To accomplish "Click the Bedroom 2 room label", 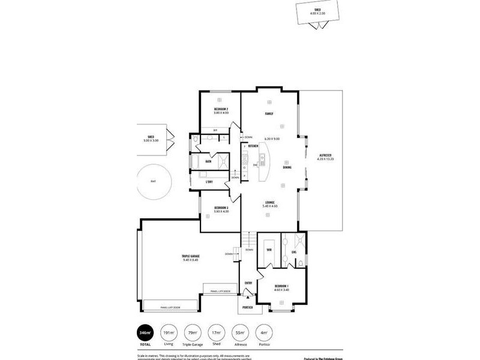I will (220, 109).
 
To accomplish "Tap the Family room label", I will (269, 113).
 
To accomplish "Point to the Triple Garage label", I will (190, 256).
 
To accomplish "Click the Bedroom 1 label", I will (281, 286).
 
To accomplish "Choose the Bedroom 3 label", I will (221, 208).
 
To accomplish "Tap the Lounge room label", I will (269, 202).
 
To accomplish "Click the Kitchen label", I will (253, 146).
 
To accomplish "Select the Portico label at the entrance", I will (247, 307).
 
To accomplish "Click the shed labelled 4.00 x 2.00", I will (316, 11).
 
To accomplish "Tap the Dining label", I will (287, 167).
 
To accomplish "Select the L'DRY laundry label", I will (209, 181).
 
